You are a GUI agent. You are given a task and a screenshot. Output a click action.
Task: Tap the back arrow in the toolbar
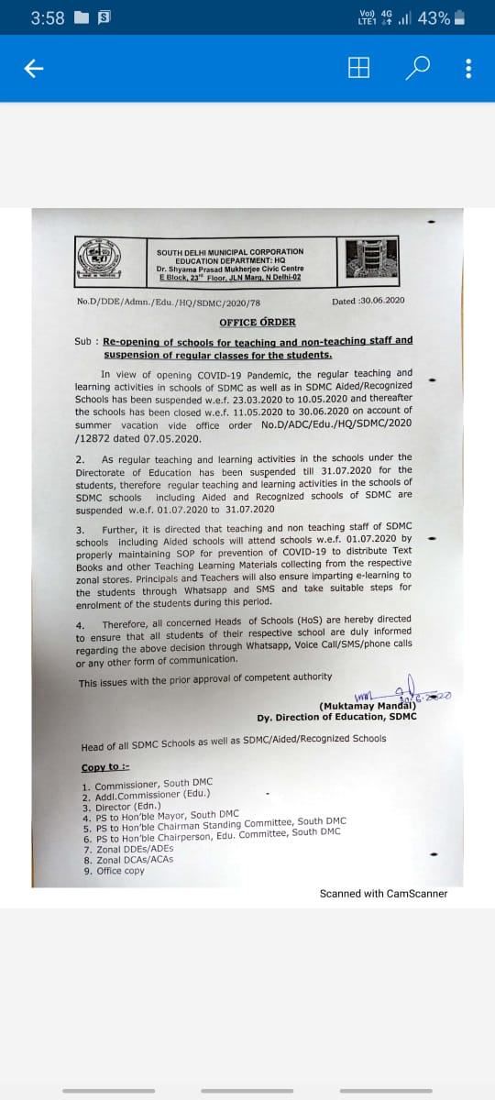pyautogui.click(x=34, y=69)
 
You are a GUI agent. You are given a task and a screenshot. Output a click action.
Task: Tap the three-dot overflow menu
pyautogui.click(x=468, y=69)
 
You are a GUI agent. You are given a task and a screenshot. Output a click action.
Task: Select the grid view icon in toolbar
pyautogui.click(x=359, y=69)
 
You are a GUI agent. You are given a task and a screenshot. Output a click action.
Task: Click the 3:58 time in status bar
pyautogui.click(x=47, y=18)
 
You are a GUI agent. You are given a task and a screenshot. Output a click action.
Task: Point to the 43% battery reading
pyautogui.click(x=434, y=18)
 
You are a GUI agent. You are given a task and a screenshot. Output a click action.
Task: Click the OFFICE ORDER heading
pyautogui.click(x=257, y=322)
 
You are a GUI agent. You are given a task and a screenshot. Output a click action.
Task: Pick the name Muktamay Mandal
pyautogui.click(x=368, y=706)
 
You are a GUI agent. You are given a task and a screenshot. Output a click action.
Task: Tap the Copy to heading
pyautogui.click(x=105, y=766)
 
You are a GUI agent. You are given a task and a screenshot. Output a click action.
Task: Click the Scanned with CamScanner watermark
pyautogui.click(x=383, y=893)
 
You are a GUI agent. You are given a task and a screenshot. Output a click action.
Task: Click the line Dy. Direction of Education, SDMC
pyautogui.click(x=336, y=716)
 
